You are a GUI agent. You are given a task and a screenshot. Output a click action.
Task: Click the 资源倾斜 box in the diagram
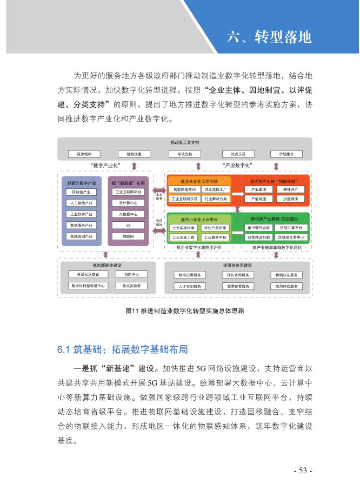click(x=84, y=154)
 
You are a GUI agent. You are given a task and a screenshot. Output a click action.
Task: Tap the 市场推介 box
click(x=286, y=154)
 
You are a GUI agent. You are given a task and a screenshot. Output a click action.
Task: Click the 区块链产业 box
click(x=81, y=192)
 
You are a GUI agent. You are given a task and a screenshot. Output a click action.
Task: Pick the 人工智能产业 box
click(x=81, y=203)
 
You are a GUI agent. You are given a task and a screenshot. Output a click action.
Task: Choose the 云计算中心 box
click(x=128, y=203)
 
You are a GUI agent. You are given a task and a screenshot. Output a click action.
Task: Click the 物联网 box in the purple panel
click(x=128, y=236)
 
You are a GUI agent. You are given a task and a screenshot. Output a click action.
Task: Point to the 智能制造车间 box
click(x=184, y=190)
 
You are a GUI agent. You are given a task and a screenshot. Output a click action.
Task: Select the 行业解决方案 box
click(x=216, y=199)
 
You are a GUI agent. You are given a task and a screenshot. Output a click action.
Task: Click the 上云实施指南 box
click(x=184, y=228)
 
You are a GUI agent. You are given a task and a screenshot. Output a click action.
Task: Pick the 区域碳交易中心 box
click(x=291, y=237)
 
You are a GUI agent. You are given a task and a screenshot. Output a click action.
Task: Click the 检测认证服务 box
click(x=286, y=275)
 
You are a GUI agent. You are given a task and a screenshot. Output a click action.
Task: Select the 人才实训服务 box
click(x=189, y=286)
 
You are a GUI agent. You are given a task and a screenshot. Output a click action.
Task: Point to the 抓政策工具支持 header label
click(x=184, y=143)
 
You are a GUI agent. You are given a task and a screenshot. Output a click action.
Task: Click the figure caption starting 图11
click(x=184, y=311)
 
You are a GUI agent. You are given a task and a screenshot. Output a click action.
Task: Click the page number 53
click(x=302, y=471)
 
